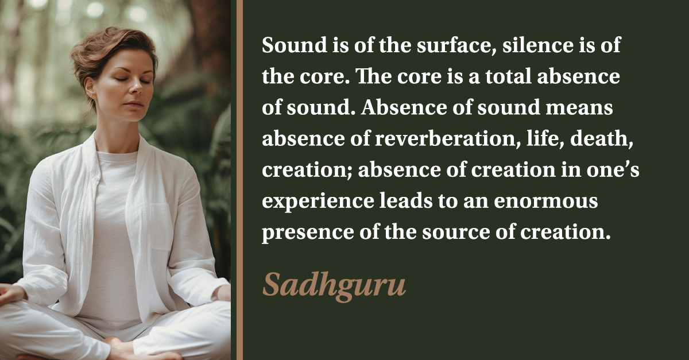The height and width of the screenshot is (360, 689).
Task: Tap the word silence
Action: coord(538,45)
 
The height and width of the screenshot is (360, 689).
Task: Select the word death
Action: coord(602,139)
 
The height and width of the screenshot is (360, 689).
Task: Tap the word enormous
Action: coord(546,202)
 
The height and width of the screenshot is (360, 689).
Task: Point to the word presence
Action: coord(308,234)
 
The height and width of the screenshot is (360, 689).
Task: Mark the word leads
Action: coord(406,201)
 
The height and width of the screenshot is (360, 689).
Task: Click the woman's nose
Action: coord(137,88)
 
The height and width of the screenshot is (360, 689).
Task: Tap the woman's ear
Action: coord(90,88)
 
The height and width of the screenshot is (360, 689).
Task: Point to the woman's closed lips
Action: coord(134,104)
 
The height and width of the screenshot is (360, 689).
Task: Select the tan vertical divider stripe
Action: coord(239,180)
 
